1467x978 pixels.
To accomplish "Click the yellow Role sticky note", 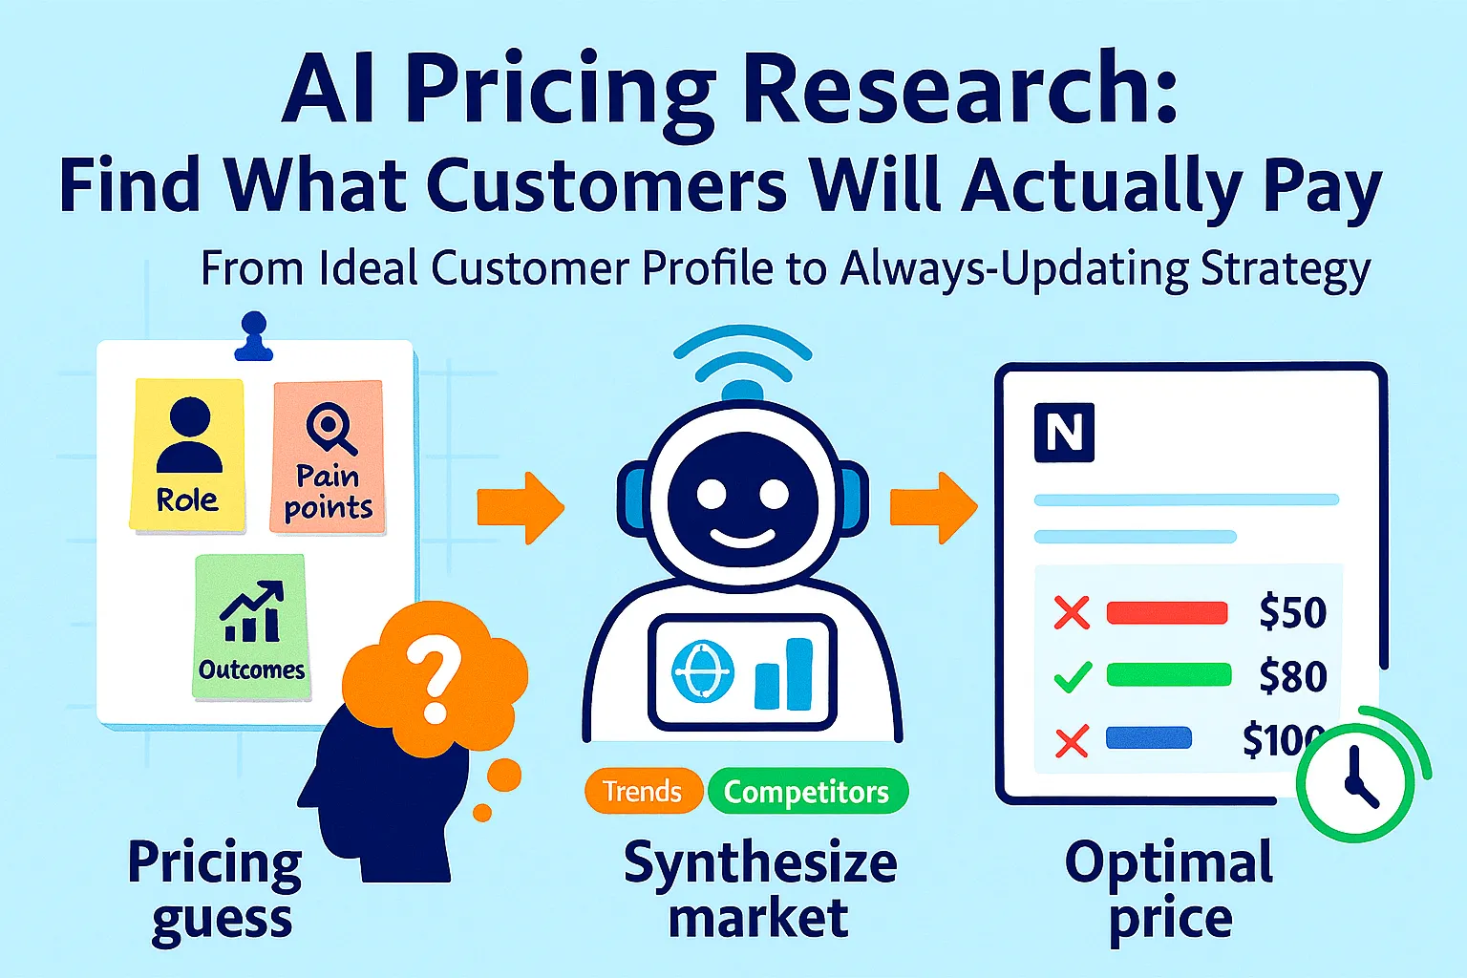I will (x=187, y=455).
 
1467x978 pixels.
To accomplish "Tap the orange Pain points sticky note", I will (x=328, y=457).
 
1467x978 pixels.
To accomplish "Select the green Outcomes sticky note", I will (x=251, y=627).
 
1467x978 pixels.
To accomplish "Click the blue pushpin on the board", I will (x=254, y=337).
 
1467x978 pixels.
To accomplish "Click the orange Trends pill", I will (x=642, y=792).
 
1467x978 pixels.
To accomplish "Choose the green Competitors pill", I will (x=806, y=792).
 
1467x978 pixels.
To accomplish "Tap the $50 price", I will (x=1292, y=612).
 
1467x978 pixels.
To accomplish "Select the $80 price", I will (x=1292, y=676).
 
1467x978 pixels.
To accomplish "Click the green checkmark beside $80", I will (x=1072, y=677).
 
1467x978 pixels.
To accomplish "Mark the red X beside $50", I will (x=1071, y=612).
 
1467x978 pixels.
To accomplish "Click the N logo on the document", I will (x=1064, y=433).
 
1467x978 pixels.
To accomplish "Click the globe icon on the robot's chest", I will (x=703, y=670).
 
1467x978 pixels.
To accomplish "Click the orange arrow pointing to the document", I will (x=932, y=507).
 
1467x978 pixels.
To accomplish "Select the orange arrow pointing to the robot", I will (x=521, y=507).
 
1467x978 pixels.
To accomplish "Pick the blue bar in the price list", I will (x=1148, y=738).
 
